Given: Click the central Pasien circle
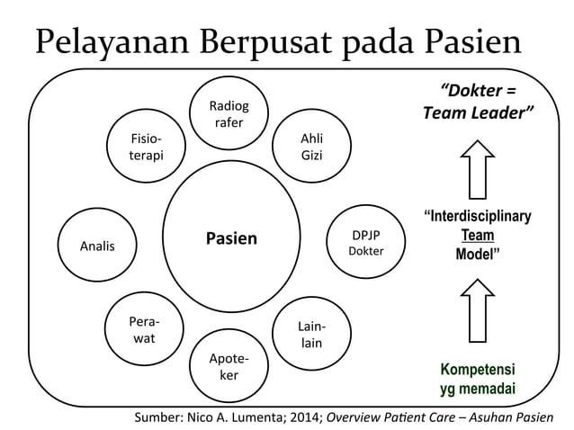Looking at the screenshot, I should tap(231, 239).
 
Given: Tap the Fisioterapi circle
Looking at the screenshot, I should tap(147, 148).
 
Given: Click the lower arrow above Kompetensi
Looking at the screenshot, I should tap(476, 311).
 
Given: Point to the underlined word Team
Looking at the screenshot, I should tap(477, 234).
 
